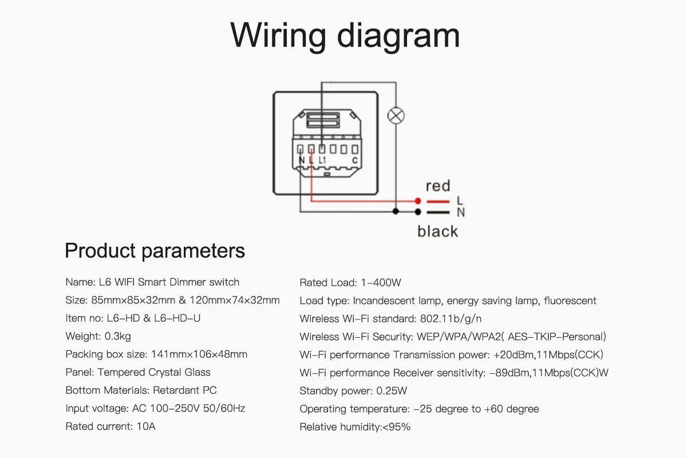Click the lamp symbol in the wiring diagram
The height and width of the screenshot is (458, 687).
point(396,116)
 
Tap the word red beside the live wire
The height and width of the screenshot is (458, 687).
point(438,186)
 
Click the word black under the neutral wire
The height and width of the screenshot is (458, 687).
point(438,231)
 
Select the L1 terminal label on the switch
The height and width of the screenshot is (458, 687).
point(323,161)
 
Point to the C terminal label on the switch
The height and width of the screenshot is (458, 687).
point(355,161)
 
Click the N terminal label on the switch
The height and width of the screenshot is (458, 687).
point(301,161)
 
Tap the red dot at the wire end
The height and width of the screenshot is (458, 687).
point(418,201)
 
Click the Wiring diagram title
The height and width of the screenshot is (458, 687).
point(345,35)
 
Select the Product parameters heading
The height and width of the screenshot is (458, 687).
point(155,251)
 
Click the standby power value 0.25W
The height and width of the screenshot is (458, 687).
point(392,391)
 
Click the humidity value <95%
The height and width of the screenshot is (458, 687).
point(396,427)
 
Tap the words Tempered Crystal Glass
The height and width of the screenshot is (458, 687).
point(154,373)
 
